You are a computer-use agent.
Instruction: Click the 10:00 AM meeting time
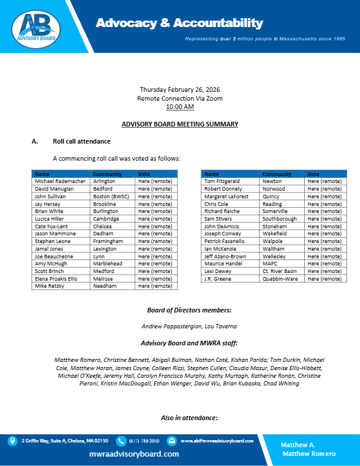coord(180,107)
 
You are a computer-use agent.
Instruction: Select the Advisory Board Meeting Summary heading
coord(180,124)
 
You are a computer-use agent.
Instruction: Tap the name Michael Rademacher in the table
coord(60,181)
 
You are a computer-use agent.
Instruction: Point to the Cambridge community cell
coord(106,218)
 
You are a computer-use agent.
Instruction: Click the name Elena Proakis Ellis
coord(59,278)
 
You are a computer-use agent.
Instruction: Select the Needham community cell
coord(104,286)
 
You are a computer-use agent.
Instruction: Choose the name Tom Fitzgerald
coord(222,181)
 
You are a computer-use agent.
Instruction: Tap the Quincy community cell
coord(272,196)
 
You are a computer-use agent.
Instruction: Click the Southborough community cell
coord(279,218)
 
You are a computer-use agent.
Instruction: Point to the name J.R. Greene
coord(217,278)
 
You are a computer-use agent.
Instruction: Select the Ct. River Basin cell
coord(280,271)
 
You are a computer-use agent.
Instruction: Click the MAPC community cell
coord(271,264)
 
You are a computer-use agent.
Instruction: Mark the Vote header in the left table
coord(144,174)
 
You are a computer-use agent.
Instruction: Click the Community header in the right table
coord(276,174)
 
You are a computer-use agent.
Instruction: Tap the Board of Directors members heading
coord(180,310)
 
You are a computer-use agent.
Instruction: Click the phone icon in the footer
coord(121,440)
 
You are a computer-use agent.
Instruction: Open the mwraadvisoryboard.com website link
coord(134,454)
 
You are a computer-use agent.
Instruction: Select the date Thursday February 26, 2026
coord(180,89)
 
